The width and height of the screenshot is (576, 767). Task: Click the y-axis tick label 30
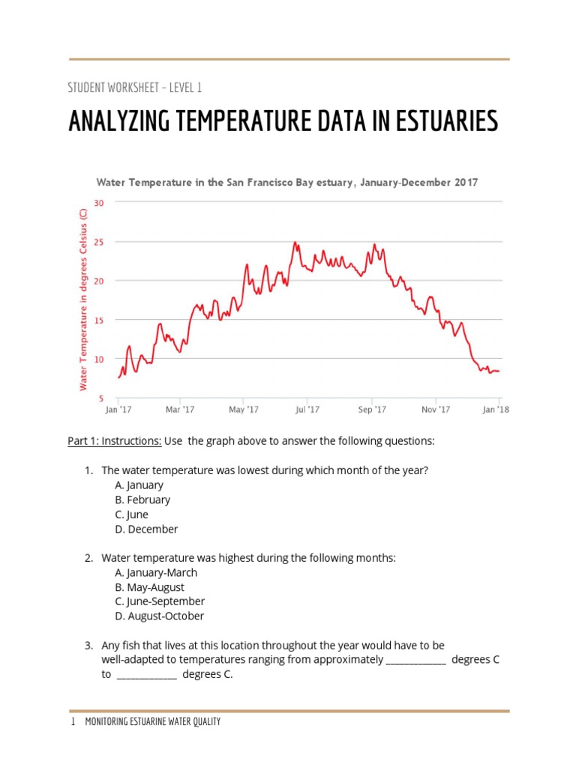pyautogui.click(x=98, y=202)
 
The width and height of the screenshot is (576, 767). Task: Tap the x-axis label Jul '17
pyautogui.click(x=307, y=410)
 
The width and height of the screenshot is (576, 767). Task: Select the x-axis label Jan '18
pyautogui.click(x=496, y=410)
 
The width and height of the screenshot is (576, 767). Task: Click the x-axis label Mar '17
pyautogui.click(x=180, y=410)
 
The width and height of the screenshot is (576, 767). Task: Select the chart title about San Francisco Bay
pyautogui.click(x=287, y=182)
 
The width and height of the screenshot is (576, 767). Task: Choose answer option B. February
pyautogui.click(x=142, y=500)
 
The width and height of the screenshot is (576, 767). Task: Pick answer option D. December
pyautogui.click(x=146, y=529)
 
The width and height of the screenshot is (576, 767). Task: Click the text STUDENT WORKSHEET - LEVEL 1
pyautogui.click(x=135, y=88)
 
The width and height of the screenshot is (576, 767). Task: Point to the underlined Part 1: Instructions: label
pyautogui.click(x=115, y=441)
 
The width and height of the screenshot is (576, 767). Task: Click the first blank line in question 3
pyautogui.click(x=416, y=660)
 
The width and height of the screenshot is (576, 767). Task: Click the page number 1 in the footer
pyautogui.click(x=73, y=722)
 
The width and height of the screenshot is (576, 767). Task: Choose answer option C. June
pyautogui.click(x=132, y=515)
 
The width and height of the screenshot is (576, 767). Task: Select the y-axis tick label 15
pyautogui.click(x=98, y=320)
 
